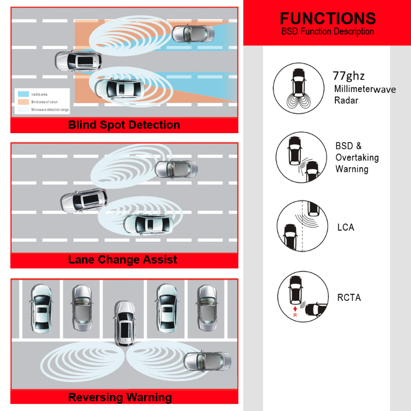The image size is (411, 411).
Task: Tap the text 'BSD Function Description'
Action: tap(328, 32)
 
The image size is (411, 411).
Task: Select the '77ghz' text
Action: tap(349, 76)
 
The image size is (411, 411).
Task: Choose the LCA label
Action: tap(346, 227)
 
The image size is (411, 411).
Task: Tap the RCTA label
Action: tap(349, 298)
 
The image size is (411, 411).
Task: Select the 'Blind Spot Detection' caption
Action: tap(124, 125)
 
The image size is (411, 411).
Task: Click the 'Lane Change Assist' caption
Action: tap(123, 260)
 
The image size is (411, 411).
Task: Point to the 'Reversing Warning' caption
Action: tap(120, 397)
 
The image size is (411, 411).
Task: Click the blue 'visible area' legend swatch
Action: tap(22, 94)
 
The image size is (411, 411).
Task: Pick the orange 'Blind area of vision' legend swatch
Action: tap(22, 102)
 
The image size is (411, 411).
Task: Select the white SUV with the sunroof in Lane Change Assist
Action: tap(83, 200)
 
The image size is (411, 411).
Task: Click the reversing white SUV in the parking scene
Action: tap(124, 323)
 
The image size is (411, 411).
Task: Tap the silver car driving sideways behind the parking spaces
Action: tap(207, 361)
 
